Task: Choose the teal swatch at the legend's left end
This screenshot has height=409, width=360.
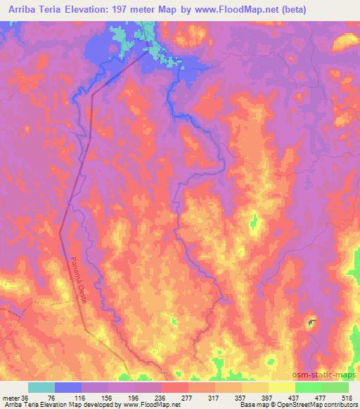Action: [41, 387]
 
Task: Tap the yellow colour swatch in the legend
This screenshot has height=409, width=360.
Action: [282, 387]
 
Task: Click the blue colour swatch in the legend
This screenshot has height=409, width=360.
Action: [68, 387]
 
